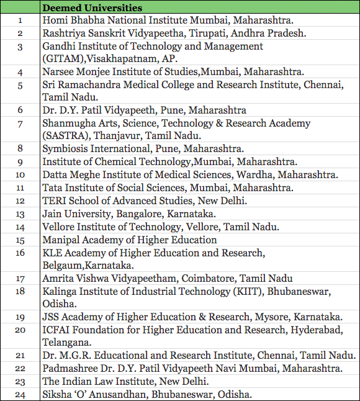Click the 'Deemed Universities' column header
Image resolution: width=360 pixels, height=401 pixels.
click(92, 8)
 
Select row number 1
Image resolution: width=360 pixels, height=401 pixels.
click(20, 20)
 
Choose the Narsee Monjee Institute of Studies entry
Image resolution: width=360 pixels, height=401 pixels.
click(174, 72)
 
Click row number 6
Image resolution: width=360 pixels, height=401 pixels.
click(20, 110)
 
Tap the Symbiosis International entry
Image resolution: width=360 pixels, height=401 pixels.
click(143, 149)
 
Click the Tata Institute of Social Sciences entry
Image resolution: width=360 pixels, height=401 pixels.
click(168, 187)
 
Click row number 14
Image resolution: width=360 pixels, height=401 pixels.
click(20, 227)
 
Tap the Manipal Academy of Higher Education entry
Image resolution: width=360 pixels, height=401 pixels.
click(130, 240)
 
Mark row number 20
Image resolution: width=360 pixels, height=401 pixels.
click(20, 330)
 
